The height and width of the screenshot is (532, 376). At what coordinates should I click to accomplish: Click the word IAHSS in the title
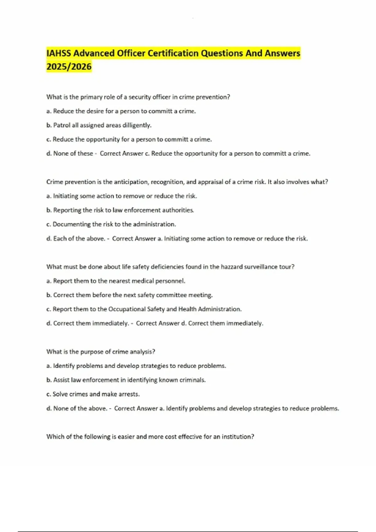(x=59, y=53)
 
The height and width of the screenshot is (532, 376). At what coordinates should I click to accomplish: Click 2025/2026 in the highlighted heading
(x=69, y=67)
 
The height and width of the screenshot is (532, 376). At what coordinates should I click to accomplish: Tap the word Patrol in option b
(x=62, y=125)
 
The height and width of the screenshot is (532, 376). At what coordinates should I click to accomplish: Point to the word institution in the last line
(x=238, y=437)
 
